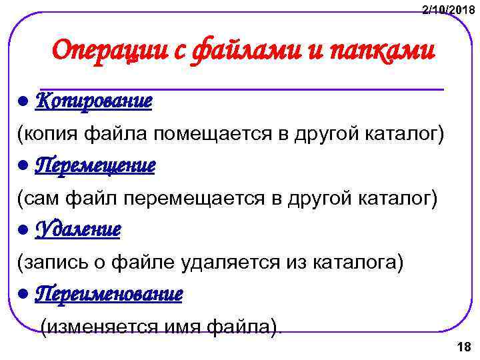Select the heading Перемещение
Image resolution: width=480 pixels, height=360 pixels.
[95, 165]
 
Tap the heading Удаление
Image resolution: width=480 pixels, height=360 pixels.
[77, 229]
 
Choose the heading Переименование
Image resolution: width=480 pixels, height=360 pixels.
[108, 293]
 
